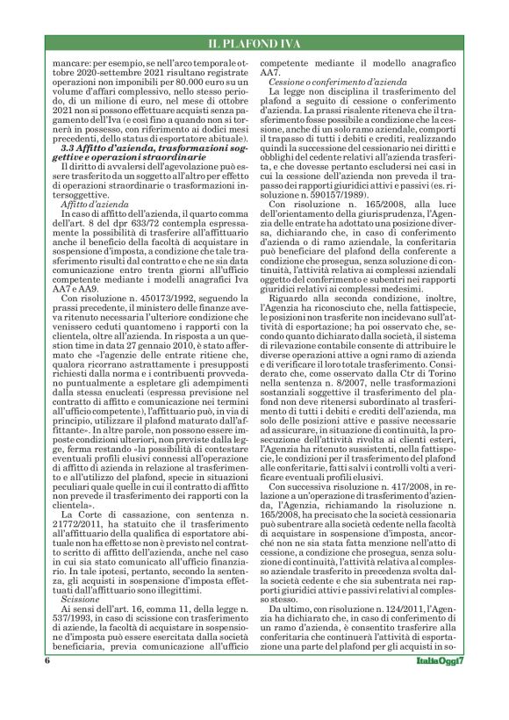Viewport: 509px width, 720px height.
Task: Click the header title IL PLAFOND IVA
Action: click(x=254, y=43)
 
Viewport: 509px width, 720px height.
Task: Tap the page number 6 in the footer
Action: click(x=45, y=685)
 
